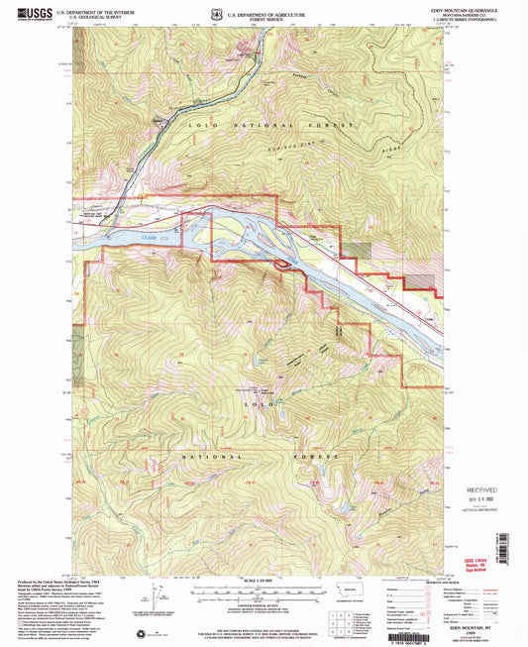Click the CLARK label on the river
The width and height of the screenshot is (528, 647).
click(150, 238)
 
